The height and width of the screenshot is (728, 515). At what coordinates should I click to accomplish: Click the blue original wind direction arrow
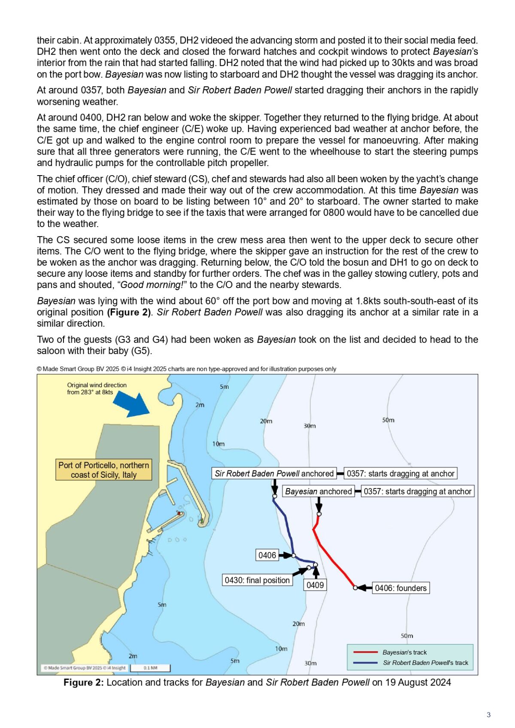click(x=131, y=404)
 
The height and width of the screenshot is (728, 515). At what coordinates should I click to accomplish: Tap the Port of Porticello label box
click(x=104, y=470)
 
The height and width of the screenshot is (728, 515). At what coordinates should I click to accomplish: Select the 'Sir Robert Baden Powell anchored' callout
click(x=274, y=473)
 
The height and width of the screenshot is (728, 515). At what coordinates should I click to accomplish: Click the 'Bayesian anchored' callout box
click(x=318, y=491)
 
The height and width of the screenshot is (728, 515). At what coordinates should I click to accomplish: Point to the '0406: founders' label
click(x=401, y=588)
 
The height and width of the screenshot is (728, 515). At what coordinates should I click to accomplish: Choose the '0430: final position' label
click(x=257, y=580)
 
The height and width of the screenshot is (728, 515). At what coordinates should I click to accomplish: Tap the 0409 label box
click(x=315, y=585)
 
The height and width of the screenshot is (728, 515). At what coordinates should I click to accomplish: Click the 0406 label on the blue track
click(x=267, y=555)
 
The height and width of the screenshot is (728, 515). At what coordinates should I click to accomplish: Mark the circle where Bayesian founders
click(x=355, y=588)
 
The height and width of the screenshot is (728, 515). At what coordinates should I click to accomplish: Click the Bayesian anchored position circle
click(x=319, y=514)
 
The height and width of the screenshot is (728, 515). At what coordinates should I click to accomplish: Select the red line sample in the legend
click(x=365, y=652)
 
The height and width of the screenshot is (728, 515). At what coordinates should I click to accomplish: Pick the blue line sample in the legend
click(x=365, y=663)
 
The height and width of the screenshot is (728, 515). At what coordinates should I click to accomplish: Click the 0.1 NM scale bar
click(x=150, y=668)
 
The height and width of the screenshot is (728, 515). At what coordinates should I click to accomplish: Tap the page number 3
click(x=488, y=715)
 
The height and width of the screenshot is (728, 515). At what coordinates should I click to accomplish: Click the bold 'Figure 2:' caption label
click(x=83, y=682)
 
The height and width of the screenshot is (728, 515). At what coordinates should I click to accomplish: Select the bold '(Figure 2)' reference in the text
click(x=129, y=312)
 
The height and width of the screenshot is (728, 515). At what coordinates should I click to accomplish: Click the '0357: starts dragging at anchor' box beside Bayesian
click(x=418, y=491)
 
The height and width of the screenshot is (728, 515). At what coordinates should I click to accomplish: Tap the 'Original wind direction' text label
click(x=97, y=385)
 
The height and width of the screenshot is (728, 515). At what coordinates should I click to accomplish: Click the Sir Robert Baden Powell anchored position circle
click(x=275, y=497)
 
